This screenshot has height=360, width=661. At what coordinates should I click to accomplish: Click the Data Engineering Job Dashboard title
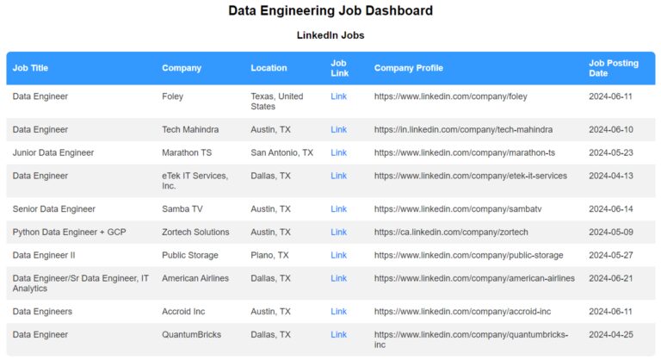[330, 11]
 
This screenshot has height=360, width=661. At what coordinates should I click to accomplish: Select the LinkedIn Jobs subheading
[330, 35]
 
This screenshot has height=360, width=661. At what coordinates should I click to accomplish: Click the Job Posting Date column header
[613, 68]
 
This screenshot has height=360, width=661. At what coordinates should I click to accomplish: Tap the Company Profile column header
[409, 68]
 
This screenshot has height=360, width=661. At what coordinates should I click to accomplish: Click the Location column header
[269, 68]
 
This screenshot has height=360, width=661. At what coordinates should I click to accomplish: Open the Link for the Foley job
[338, 96]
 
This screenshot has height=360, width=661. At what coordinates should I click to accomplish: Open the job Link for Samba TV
[338, 209]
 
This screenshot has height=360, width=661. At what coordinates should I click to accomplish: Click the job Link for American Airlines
[338, 278]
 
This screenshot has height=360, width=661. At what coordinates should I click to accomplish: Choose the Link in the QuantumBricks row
[338, 335]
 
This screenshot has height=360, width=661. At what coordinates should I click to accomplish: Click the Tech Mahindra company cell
[190, 130]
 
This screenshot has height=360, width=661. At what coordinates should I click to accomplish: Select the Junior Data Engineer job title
[53, 152]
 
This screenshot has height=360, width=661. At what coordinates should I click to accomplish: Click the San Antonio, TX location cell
[281, 152]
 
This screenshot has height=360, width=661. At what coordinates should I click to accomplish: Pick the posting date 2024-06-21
[610, 278]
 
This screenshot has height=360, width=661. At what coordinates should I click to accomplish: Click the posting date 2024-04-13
[610, 176]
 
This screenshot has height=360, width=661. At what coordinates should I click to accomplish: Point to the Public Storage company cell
[193, 256]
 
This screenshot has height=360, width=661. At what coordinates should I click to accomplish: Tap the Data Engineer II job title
[44, 256]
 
